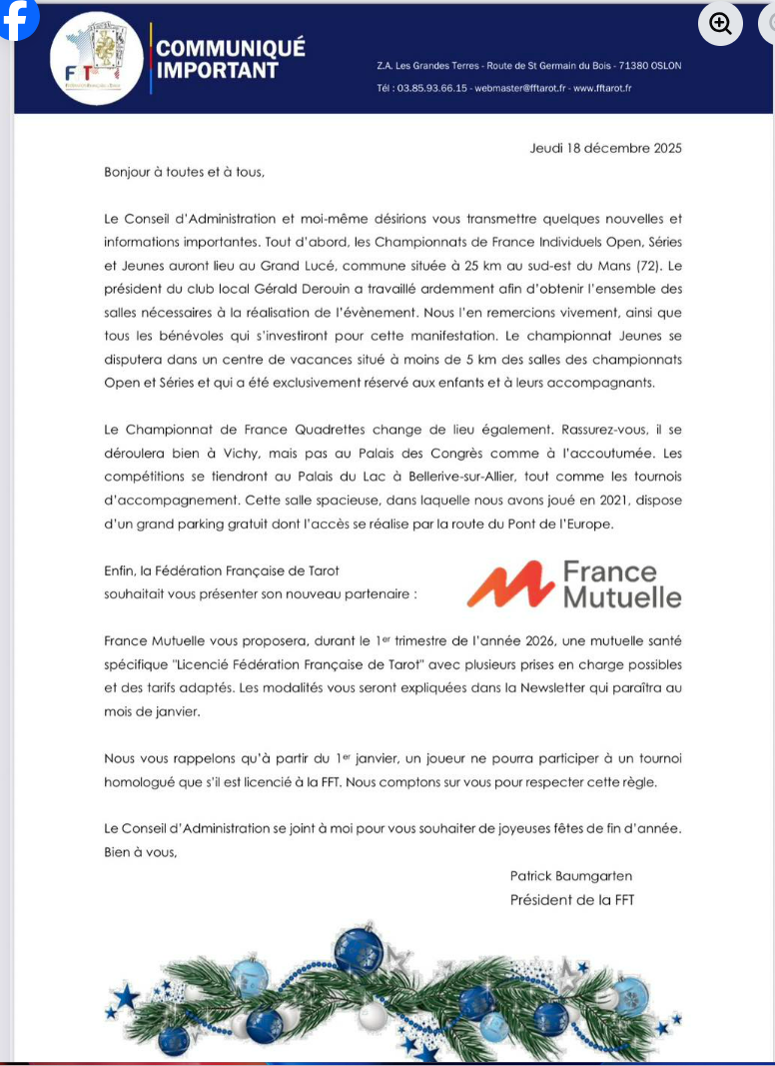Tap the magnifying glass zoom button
pyautogui.click(x=720, y=23)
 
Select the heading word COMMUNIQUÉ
pyautogui.click(x=231, y=48)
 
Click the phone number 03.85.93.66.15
pyautogui.click(x=429, y=88)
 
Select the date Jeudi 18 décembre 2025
pyautogui.click(x=605, y=148)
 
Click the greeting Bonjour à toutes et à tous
pyautogui.click(x=184, y=172)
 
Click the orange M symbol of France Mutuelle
pyautogui.click(x=509, y=585)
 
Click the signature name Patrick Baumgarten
pyautogui.click(x=570, y=876)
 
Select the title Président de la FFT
pyautogui.click(x=571, y=900)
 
